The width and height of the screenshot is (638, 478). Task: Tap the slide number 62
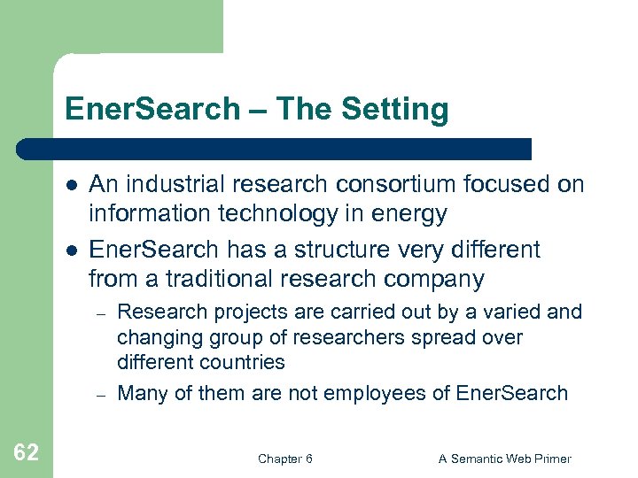pyautogui.click(x=27, y=453)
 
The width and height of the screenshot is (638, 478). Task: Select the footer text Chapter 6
pyautogui.click(x=284, y=459)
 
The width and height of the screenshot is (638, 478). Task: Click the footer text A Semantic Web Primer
pyautogui.click(x=505, y=459)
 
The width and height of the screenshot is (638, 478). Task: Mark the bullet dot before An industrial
pyautogui.click(x=70, y=185)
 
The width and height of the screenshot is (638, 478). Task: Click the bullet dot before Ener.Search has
pyautogui.click(x=70, y=251)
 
